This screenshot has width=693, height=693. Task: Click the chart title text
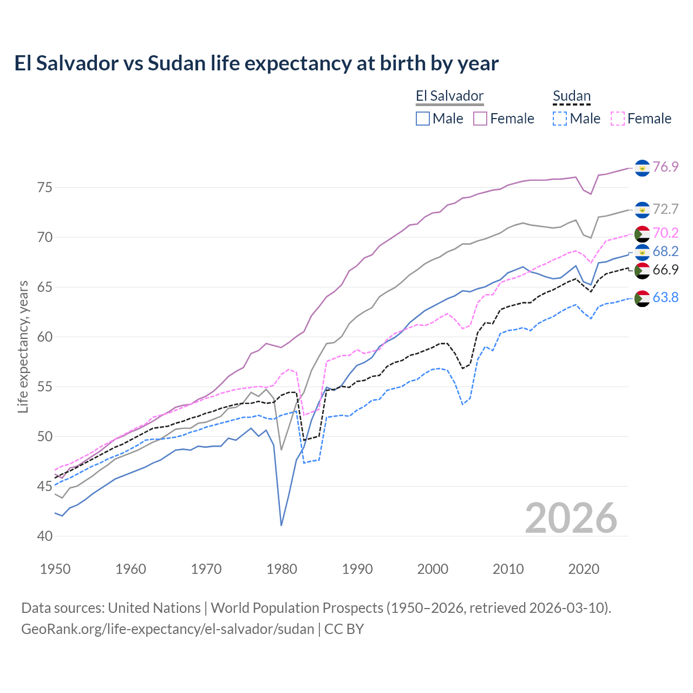[x=256, y=63]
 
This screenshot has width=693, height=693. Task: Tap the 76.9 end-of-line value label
[x=665, y=167]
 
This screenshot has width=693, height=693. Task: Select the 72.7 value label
[x=665, y=209]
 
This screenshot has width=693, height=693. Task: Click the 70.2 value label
[x=665, y=233]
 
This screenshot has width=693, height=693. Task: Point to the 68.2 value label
[x=665, y=251]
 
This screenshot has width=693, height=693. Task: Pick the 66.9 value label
[x=665, y=270]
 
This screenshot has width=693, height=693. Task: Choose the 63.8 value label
[x=665, y=297]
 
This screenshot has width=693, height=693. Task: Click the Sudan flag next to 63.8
[x=642, y=298]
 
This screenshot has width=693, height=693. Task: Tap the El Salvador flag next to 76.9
[x=642, y=168]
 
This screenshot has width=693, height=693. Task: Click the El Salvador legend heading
[x=449, y=96]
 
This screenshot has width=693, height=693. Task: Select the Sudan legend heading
[x=571, y=96]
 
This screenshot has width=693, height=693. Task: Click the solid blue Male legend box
[x=423, y=119]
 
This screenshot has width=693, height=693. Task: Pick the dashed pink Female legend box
[x=618, y=119]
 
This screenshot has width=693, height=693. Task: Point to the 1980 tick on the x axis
[x=282, y=569]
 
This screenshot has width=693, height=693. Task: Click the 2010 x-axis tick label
[x=508, y=569]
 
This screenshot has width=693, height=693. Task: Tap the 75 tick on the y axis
[x=45, y=188]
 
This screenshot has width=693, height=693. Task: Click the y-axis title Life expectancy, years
[x=23, y=346]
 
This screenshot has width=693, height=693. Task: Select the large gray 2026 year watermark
[x=571, y=518]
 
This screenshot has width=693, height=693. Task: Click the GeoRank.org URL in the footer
[x=168, y=629]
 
